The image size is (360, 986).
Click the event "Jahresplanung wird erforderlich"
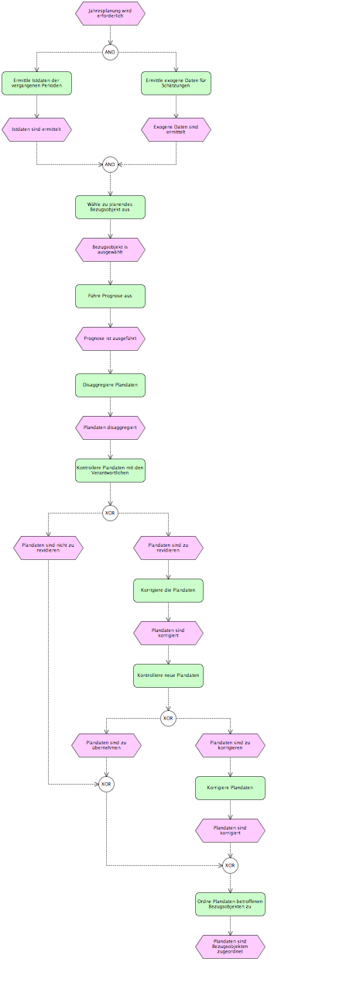110,13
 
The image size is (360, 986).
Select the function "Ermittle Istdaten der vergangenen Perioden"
36,83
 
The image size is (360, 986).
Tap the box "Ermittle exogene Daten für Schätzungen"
176,83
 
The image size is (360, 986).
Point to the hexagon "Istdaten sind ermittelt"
36,130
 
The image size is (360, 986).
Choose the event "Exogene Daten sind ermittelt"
176,130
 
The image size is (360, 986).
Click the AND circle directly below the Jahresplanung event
110,53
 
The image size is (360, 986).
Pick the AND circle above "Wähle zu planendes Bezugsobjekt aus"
110,165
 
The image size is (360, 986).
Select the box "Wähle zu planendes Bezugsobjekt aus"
110,208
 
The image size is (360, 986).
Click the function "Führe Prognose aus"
110,296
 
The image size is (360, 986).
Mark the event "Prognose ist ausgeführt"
110,339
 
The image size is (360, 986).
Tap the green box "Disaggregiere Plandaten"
110,385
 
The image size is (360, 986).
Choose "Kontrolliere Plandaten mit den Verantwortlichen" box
110,471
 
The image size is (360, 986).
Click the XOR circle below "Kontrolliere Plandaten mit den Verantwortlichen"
110,514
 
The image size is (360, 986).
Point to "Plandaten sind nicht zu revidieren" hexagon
48,548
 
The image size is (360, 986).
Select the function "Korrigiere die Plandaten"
168,590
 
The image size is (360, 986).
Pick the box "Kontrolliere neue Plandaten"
168,675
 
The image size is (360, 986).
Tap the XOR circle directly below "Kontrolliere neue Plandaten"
168,718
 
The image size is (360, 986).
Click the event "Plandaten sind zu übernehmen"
107,745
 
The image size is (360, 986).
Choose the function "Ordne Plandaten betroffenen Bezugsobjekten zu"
230,904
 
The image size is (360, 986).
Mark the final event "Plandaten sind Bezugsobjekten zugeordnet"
230,946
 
